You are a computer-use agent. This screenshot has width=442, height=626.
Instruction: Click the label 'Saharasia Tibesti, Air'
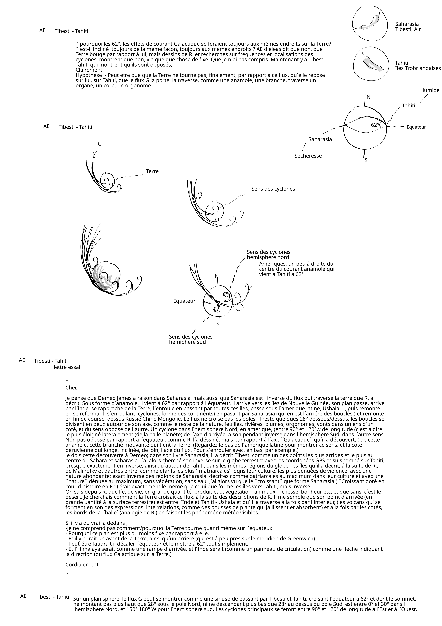(x=408, y=27)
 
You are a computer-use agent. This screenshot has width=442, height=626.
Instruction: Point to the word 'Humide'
(x=429, y=90)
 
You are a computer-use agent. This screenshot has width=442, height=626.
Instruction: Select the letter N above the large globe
(x=368, y=97)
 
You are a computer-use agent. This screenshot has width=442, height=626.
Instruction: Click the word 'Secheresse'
(x=308, y=156)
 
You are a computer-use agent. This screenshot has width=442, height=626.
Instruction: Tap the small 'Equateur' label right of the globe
(x=416, y=127)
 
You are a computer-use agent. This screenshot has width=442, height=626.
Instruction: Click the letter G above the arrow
(x=100, y=144)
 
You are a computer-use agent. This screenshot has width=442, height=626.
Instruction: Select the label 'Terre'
(x=152, y=171)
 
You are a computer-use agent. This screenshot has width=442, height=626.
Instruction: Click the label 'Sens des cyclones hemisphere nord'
(x=268, y=255)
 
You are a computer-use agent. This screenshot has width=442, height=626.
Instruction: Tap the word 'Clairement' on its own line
(x=89, y=70)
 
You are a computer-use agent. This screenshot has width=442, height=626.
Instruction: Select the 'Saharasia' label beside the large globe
(x=320, y=139)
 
